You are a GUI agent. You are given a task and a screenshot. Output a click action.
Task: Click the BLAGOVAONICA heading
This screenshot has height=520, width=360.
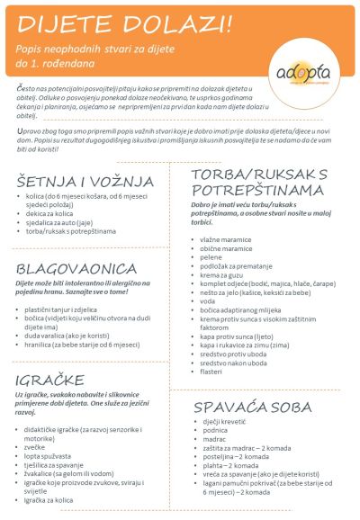coord(69,269)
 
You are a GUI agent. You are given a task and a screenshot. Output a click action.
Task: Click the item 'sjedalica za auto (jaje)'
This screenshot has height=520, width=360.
coord(60,222)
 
